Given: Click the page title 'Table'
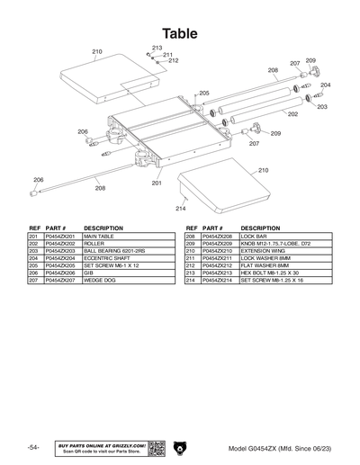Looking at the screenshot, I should (180, 33).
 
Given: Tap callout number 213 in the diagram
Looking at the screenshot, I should (157, 48).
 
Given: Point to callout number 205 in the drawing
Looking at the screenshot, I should (204, 94).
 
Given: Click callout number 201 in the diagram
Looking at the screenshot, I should (157, 183).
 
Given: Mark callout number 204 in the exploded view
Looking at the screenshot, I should (325, 85).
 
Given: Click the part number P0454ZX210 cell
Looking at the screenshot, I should (220, 252).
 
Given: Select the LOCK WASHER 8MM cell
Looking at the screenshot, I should (265, 259).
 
